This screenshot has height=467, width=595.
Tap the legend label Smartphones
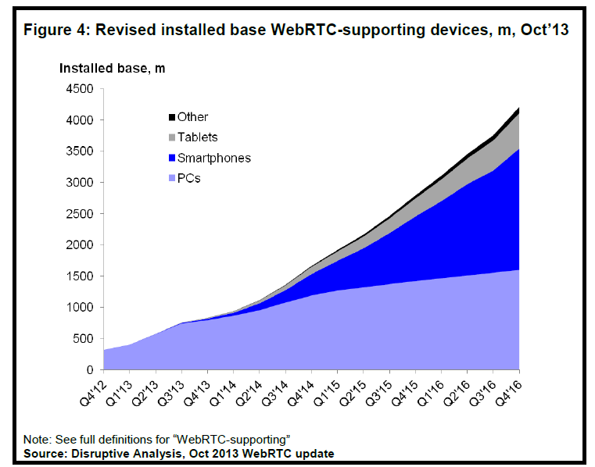pos(213,158)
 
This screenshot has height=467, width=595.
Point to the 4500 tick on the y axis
pos(78,89)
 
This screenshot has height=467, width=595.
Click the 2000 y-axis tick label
pos(78,245)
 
